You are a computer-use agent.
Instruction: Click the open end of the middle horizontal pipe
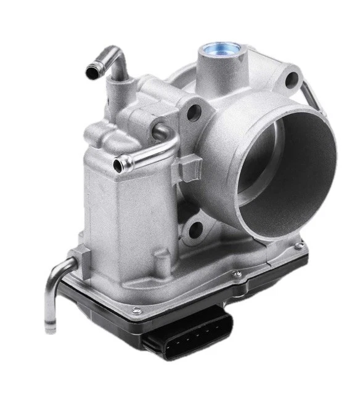pos(121,164)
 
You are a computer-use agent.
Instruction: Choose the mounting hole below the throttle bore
pos(200,232)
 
